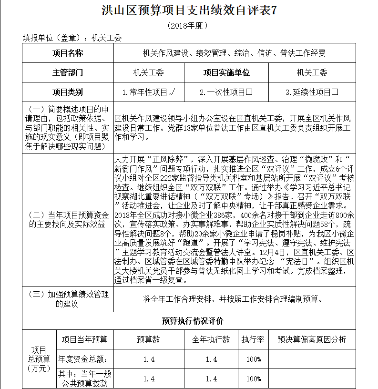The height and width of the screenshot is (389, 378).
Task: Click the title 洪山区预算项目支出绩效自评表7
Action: (x=189, y=11)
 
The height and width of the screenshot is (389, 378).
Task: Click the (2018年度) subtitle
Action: (x=189, y=25)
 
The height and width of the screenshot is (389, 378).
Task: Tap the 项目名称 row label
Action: (x=67, y=53)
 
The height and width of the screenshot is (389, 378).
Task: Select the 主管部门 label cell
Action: (x=67, y=72)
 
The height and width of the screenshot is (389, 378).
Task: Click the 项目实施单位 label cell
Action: (x=226, y=72)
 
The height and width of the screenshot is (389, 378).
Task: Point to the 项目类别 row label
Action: (x=67, y=92)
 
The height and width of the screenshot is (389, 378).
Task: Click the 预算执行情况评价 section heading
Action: (x=189, y=321)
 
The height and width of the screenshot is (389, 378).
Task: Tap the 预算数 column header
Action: (x=149, y=340)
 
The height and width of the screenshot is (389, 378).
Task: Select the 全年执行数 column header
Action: (x=211, y=340)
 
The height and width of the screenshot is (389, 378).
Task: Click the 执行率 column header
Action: (x=253, y=340)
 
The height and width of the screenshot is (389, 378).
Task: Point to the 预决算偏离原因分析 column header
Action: (x=312, y=340)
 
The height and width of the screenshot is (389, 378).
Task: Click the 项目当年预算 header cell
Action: (x=85, y=340)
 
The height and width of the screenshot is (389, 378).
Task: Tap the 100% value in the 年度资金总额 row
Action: (x=253, y=359)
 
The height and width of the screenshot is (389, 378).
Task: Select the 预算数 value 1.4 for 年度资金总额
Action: (x=149, y=359)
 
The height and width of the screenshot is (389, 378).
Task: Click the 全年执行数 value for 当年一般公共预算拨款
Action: (x=211, y=379)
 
